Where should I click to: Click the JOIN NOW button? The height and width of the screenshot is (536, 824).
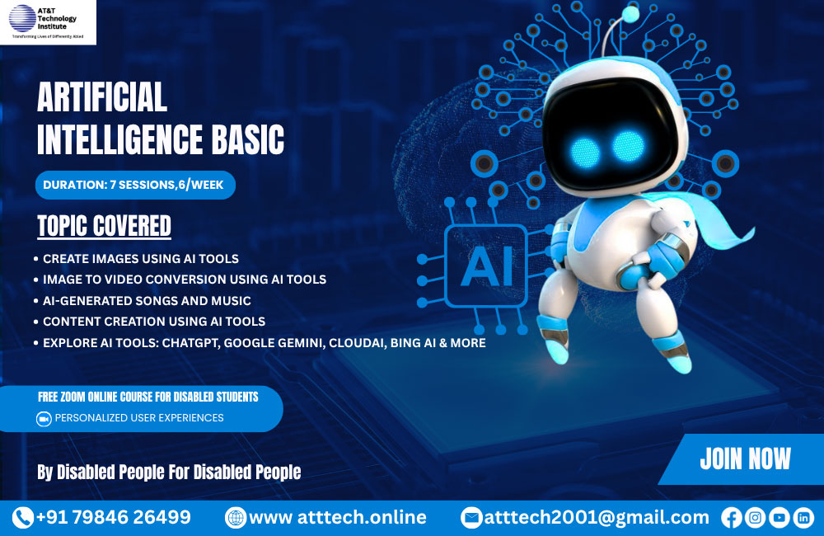click(x=745, y=458)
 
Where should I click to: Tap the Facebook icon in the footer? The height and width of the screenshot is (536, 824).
click(x=731, y=518)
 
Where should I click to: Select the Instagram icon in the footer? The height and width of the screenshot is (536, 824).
click(x=755, y=518)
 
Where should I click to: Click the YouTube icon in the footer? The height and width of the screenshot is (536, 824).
click(x=779, y=518)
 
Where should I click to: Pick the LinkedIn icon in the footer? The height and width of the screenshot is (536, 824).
click(x=803, y=518)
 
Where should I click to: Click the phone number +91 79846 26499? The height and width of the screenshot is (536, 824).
click(x=114, y=518)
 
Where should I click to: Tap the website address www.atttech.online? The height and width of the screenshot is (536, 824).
click(x=337, y=518)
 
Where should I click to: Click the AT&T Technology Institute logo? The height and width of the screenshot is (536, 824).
click(x=48, y=21)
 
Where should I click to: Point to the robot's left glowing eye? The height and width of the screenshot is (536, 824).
click(x=586, y=150)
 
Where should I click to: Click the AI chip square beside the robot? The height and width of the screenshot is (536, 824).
click(x=485, y=265)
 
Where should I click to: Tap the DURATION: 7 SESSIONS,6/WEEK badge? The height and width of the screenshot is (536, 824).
click(x=135, y=185)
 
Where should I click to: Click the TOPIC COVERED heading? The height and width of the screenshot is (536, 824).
click(x=104, y=225)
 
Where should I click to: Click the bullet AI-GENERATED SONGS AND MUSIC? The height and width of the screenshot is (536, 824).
click(x=147, y=301)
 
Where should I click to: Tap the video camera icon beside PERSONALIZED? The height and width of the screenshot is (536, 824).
click(x=44, y=419)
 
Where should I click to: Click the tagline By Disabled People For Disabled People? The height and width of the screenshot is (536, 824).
click(x=169, y=473)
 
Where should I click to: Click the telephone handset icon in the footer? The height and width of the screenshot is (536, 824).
click(x=22, y=518)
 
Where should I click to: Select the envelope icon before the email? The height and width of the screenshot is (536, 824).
click(x=471, y=518)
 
